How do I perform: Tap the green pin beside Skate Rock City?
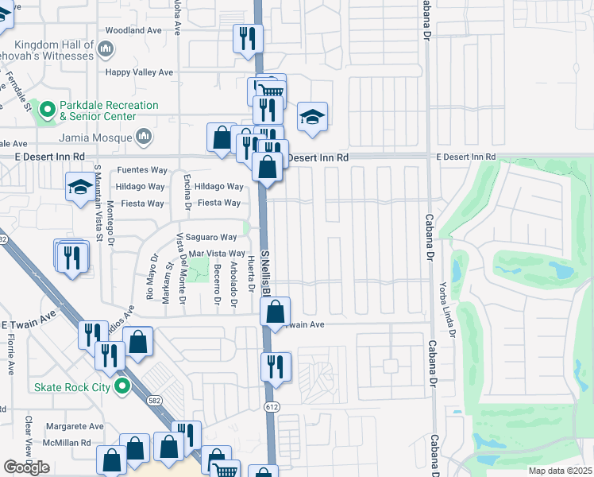pos(121,387)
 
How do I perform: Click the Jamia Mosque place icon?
pos(144,137)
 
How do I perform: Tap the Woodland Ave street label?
pos(133,30)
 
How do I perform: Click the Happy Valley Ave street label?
pos(140,72)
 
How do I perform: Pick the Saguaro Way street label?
pos(212,237)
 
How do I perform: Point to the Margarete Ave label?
pos(75,426)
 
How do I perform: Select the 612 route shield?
pos(272,407)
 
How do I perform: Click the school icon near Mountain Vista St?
pos(79,188)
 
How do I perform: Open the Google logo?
pos(26,467)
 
